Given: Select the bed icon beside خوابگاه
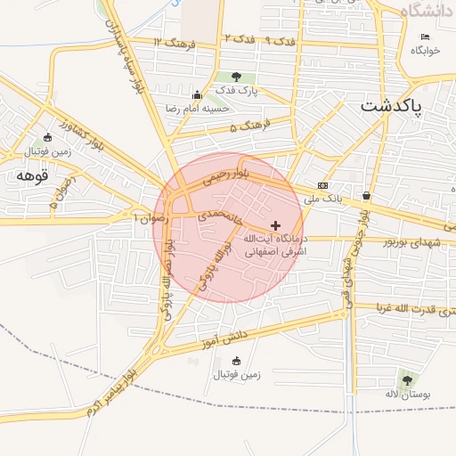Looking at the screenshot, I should point(425,37).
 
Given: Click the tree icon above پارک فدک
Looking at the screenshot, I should point(236,77).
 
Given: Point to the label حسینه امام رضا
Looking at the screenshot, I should point(194,108).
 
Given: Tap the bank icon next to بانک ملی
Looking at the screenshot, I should point(322,185).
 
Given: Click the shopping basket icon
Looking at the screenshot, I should point(367,195).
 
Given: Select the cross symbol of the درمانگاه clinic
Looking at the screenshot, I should point(275,225).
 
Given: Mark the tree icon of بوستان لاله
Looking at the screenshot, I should point(407,379).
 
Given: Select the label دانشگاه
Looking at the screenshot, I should point(427,10).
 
